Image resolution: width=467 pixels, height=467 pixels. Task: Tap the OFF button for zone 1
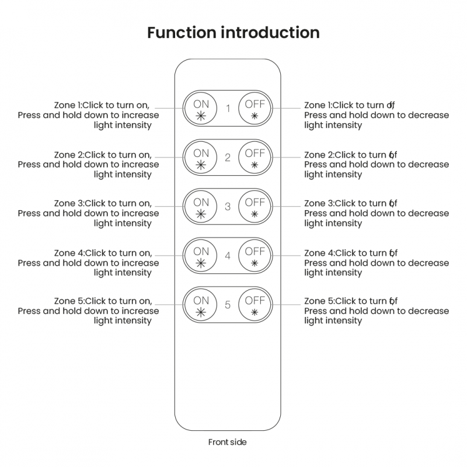255,108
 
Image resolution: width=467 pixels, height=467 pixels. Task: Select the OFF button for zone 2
255,157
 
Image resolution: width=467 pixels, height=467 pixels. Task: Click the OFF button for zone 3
255,207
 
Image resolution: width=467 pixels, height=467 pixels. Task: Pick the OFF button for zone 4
255,256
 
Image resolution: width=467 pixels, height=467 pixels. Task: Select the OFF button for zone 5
255,305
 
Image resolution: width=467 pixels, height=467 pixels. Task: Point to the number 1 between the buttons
228,108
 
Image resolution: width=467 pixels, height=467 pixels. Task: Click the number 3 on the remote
228,207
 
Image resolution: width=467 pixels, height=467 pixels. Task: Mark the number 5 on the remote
228,305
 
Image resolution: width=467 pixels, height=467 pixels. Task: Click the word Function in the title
182,32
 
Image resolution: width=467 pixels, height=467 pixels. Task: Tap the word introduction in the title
271,32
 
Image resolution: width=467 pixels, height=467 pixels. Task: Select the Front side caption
228,442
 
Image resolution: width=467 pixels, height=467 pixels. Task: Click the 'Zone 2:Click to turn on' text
103,155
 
